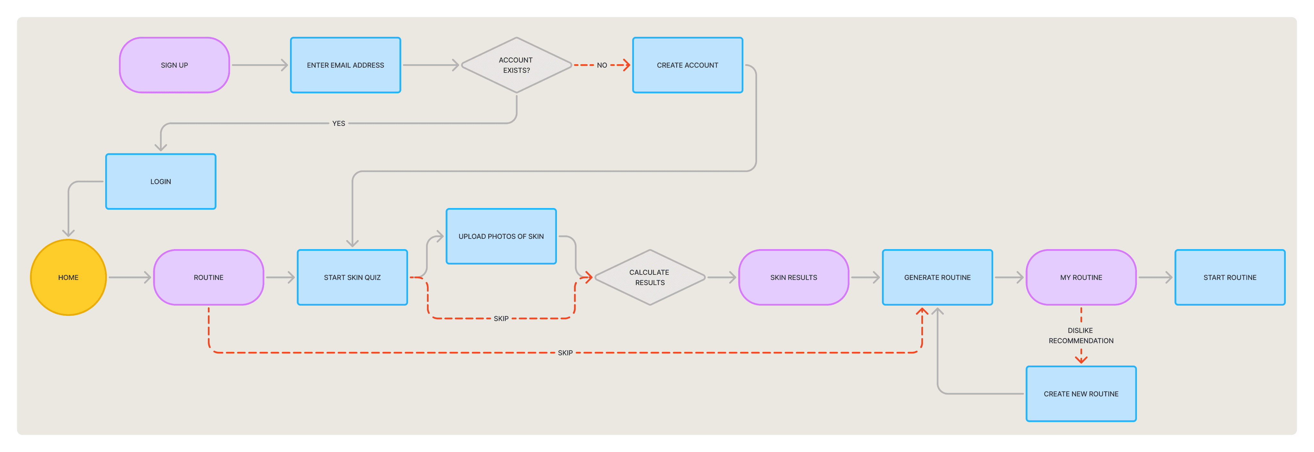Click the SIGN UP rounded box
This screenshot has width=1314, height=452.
tap(175, 65)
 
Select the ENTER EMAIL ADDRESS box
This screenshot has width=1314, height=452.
tap(345, 65)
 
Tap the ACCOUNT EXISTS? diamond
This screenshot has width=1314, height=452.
tap(516, 65)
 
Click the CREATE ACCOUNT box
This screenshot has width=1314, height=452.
tap(687, 65)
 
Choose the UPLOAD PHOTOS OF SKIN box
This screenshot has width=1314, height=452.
tap(501, 236)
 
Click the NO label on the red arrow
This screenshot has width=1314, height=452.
tap(602, 65)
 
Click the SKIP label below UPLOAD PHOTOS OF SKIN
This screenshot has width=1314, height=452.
tap(501, 318)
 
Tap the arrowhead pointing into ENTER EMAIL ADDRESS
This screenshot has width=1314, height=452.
tap(285, 65)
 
